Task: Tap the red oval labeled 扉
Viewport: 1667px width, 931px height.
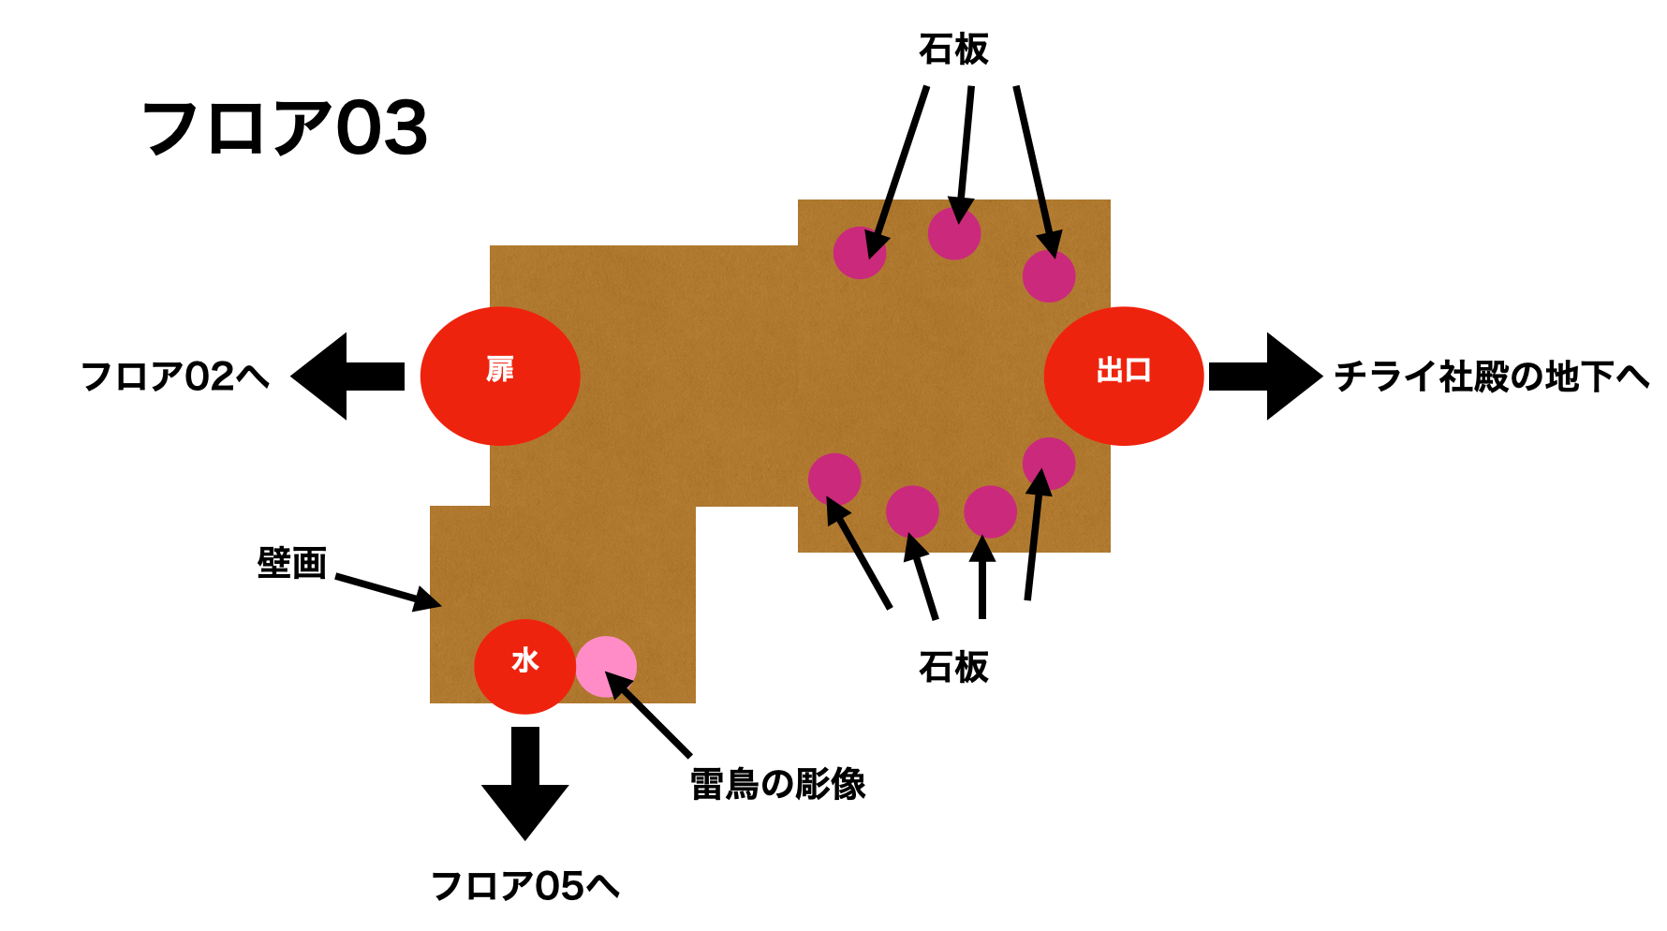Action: [x=500, y=376]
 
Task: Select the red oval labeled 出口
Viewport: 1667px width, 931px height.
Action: [x=1124, y=376]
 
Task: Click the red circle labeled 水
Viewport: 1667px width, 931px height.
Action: [x=524, y=666]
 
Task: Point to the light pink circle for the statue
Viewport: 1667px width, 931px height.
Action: [x=607, y=666]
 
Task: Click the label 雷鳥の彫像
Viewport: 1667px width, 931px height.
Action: [x=777, y=784]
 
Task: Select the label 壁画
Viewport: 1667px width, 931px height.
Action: [x=291, y=563]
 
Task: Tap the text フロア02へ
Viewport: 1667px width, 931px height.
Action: [x=175, y=377]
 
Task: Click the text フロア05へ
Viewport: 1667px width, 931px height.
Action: [x=524, y=885]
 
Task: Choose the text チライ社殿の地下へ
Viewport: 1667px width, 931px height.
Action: [x=1491, y=377]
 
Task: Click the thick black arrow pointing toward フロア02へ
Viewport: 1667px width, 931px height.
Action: [x=347, y=376]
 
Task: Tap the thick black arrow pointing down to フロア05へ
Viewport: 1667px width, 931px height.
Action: [x=525, y=783]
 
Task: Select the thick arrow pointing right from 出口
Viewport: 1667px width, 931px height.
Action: [x=1265, y=376]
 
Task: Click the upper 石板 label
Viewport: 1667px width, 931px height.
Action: [x=953, y=49]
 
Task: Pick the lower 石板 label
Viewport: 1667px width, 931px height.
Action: [x=953, y=667]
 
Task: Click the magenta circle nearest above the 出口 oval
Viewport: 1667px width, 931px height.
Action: [x=1049, y=276]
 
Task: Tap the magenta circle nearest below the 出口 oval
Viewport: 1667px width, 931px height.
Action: [x=1049, y=464]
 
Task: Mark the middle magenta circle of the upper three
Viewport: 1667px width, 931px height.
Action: [x=954, y=233]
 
